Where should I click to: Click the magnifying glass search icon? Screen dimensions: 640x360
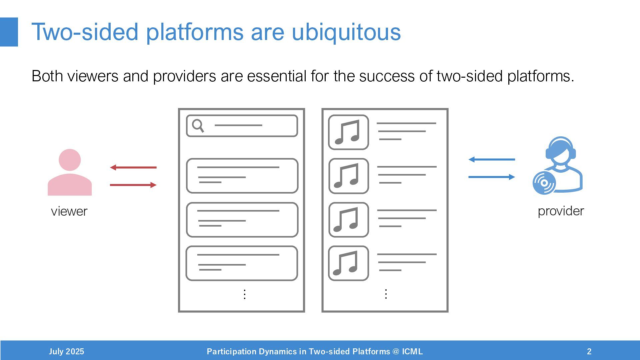point(198,126)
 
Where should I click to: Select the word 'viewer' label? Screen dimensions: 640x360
point(69,211)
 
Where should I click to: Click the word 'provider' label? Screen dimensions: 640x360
point(561,211)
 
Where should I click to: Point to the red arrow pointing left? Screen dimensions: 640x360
point(133,167)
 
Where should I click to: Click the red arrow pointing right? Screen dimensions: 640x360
point(133,185)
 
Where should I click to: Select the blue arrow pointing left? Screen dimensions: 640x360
point(492,159)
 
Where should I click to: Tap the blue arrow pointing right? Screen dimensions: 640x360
point(492,177)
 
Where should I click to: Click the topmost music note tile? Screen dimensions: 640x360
point(348,132)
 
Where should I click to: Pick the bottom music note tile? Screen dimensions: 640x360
point(348,263)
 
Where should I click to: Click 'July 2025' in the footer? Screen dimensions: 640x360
point(66,351)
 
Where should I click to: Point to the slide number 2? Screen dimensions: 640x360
point(589,351)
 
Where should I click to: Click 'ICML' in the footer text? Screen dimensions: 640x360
point(412,351)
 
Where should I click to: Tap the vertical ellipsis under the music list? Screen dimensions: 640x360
point(386,294)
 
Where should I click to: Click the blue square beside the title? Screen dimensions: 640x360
point(9,32)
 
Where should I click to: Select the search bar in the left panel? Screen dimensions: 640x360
point(242,126)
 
